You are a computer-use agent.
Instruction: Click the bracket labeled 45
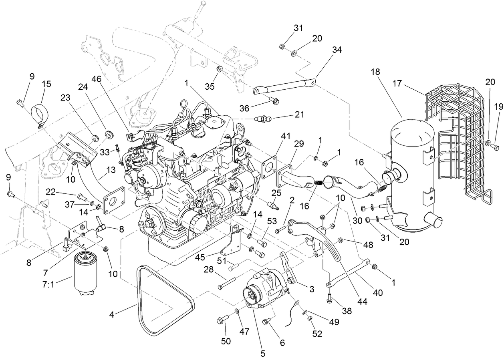[x=232, y=242]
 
